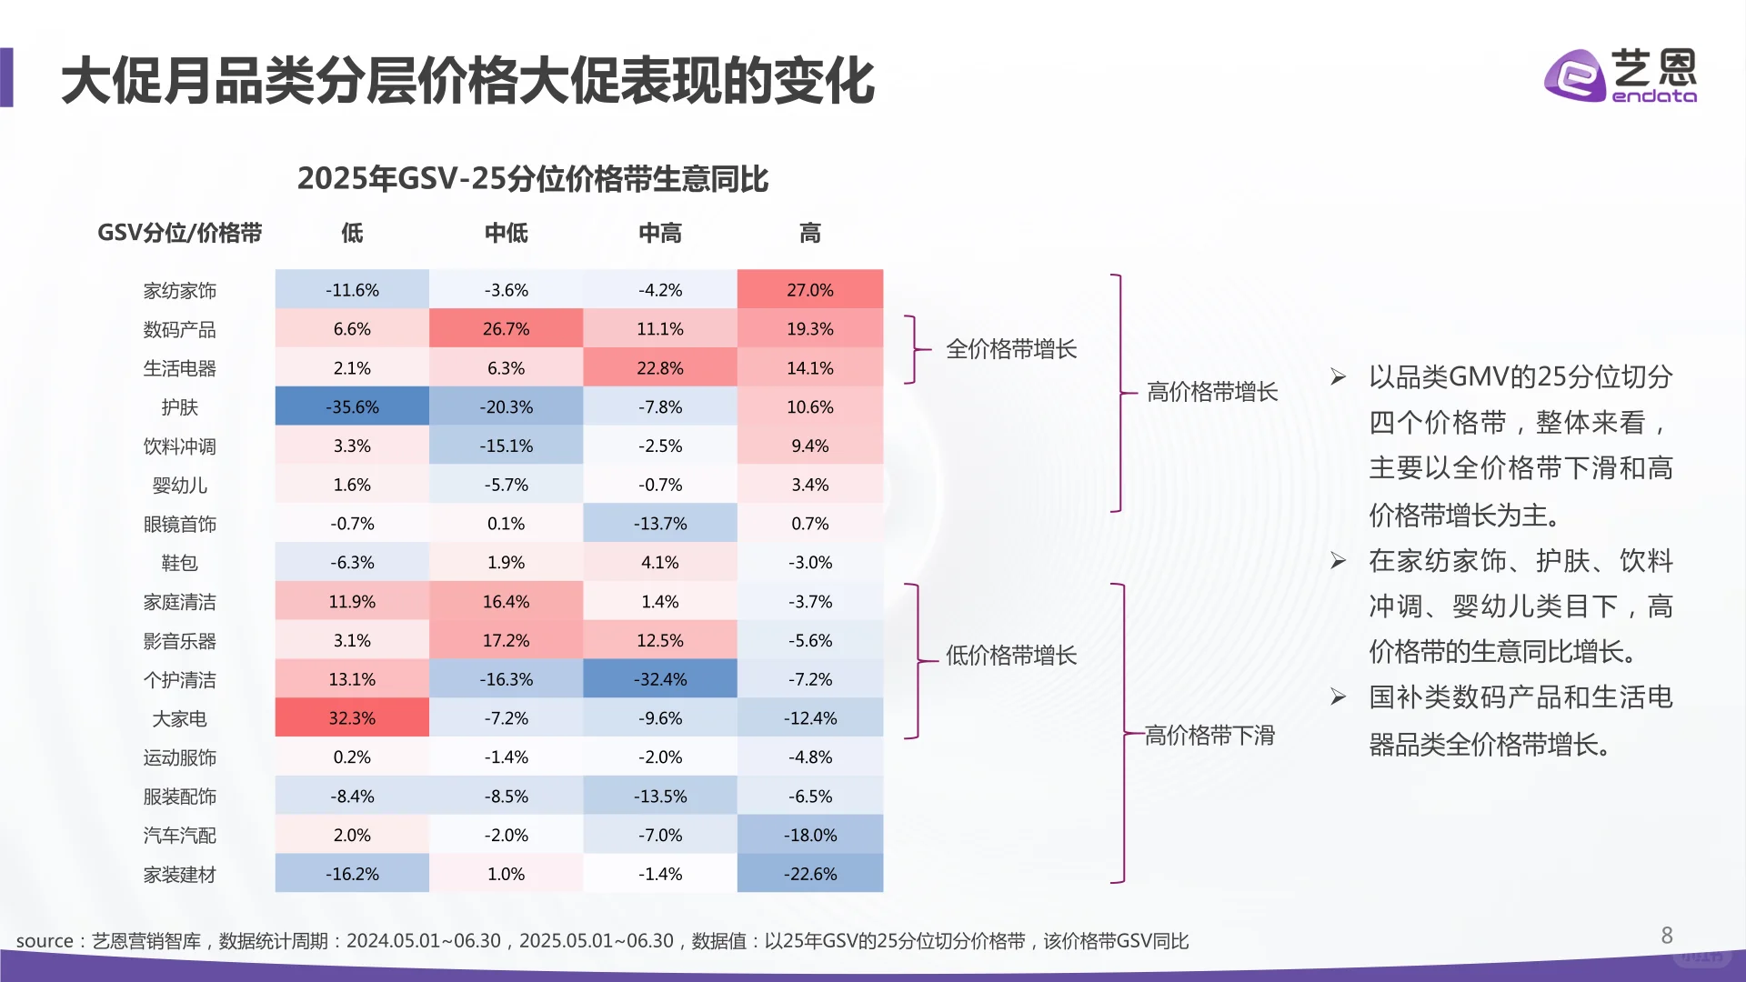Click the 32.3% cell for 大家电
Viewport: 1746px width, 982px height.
(x=352, y=718)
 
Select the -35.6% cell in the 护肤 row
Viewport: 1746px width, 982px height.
(x=352, y=407)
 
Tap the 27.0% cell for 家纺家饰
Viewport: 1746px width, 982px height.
(x=809, y=290)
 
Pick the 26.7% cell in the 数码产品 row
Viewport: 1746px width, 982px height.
(x=506, y=329)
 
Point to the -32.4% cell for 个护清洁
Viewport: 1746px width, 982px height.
(x=659, y=679)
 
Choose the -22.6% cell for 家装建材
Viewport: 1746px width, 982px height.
(x=809, y=874)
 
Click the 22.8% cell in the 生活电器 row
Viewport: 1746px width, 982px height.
(x=659, y=368)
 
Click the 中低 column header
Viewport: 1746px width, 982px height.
(x=506, y=234)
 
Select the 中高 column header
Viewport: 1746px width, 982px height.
(x=659, y=234)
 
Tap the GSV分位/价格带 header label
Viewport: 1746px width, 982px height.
(x=180, y=234)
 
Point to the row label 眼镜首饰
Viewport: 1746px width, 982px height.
(x=180, y=525)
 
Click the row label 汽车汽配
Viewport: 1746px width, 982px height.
(x=180, y=836)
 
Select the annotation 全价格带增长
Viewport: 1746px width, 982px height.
(x=1011, y=349)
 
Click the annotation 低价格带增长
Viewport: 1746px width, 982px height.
(x=1011, y=656)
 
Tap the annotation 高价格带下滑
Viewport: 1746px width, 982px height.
(x=1209, y=735)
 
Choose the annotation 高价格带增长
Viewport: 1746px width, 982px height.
(x=1212, y=392)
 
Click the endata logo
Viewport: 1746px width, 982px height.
(x=1620, y=75)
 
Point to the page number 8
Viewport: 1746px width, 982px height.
(x=1667, y=936)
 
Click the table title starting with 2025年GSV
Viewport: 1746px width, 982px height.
(x=533, y=179)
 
